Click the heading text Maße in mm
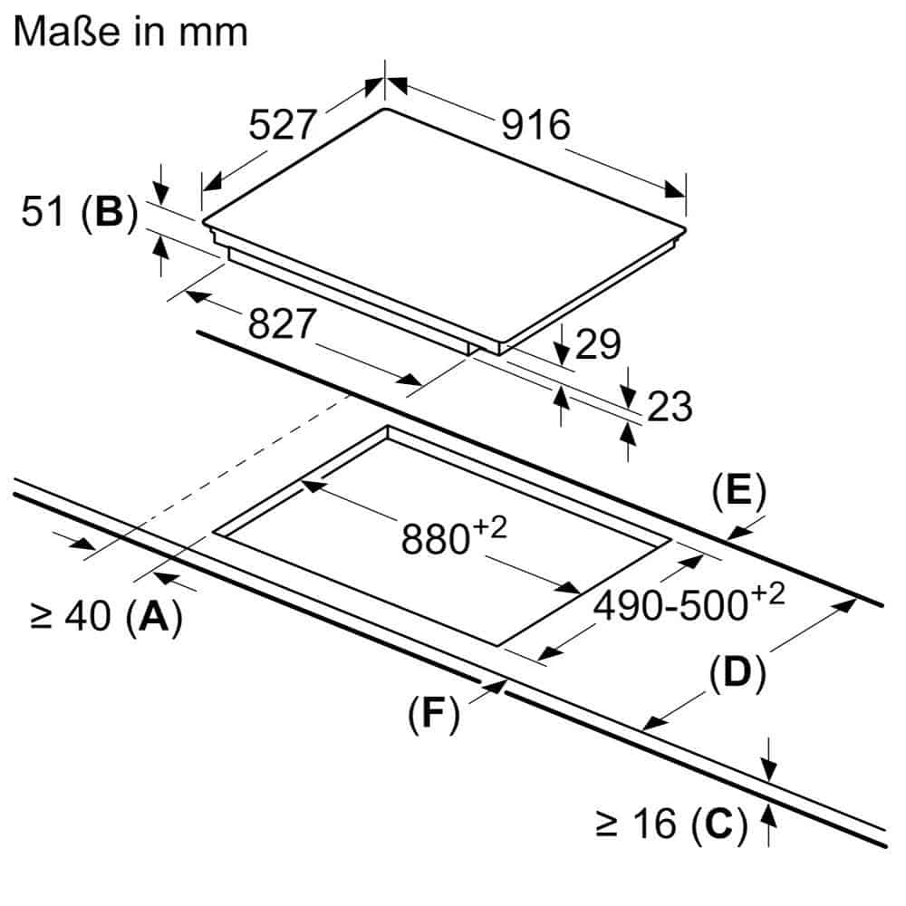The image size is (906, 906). coord(130,32)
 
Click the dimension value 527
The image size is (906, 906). coord(283,124)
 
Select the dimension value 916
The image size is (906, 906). coord(535,124)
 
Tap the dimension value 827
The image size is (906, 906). coord(282,323)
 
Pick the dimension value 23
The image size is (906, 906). coord(670,406)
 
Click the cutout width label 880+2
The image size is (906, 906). coord(454,535)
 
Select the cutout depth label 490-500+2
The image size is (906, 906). coord(689,602)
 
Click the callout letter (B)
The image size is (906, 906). coord(110,212)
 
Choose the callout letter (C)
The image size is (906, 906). coord(718,823)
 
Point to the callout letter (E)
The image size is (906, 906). coord(738,492)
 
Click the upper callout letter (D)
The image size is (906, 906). coord(737,673)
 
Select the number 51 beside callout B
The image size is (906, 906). coord(43,211)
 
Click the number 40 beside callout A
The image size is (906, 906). coord(88,616)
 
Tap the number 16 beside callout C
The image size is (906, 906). coord(654,823)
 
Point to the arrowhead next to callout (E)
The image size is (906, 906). coord(739,533)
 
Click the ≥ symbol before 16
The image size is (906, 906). coord(607,824)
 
